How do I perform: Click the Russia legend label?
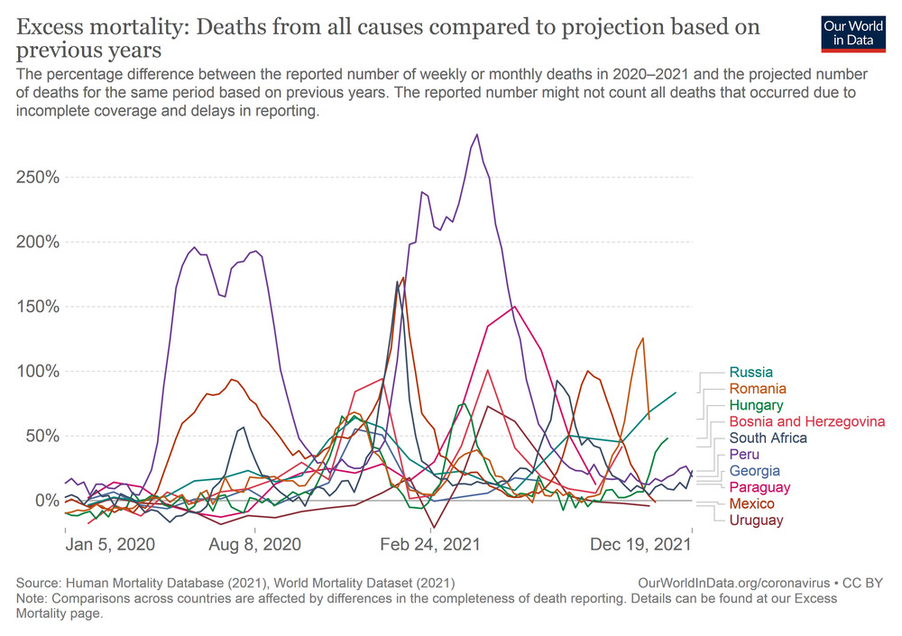(750, 373)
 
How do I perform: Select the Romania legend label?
(759, 389)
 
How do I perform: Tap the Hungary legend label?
(757, 406)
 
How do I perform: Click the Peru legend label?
(745, 455)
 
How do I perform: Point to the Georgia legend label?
(755, 471)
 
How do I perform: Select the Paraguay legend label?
(760, 487)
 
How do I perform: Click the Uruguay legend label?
(757, 520)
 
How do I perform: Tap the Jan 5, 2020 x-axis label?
(110, 545)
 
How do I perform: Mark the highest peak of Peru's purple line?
(477, 134)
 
